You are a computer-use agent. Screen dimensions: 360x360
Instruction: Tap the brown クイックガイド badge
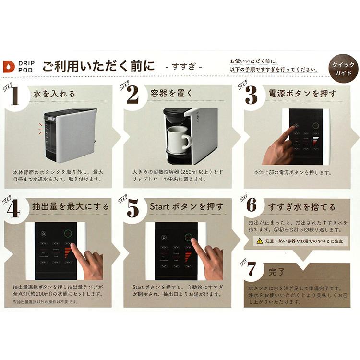pyautogui.click(x=342, y=69)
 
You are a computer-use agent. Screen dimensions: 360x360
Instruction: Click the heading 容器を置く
pyautogui.click(x=172, y=94)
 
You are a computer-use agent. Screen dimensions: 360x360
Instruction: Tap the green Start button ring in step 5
pyautogui.click(x=189, y=237)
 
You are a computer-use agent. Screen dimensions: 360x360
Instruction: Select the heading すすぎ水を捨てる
pyautogui.click(x=301, y=207)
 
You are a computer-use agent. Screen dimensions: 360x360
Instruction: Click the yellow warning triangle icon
pyautogui.click(x=259, y=241)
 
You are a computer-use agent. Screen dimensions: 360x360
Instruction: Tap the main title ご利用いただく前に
pyautogui.click(x=98, y=66)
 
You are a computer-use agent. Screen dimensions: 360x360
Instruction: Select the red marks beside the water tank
pyautogui.click(x=40, y=128)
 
